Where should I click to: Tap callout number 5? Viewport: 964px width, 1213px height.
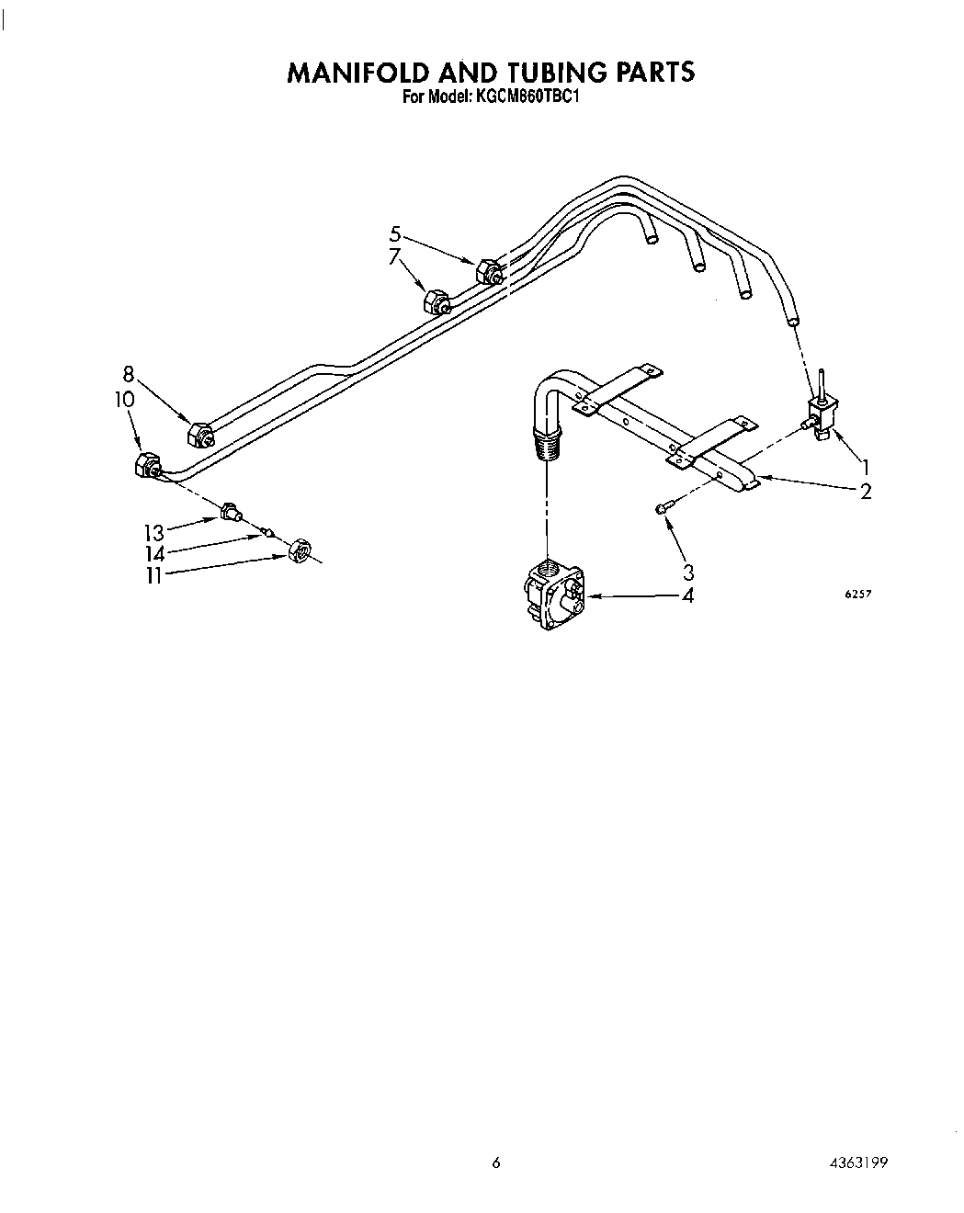[x=395, y=233]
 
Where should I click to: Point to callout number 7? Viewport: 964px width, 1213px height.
[x=395, y=257]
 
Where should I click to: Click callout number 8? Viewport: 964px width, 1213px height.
[x=129, y=374]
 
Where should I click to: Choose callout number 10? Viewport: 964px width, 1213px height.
[x=125, y=400]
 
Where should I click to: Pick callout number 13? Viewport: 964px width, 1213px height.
[x=153, y=533]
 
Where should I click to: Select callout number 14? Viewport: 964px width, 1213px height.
[x=153, y=554]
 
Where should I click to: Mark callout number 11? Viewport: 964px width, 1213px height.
[x=153, y=576]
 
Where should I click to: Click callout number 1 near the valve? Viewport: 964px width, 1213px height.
[x=865, y=466]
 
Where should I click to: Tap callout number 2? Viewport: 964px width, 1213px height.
[x=865, y=492]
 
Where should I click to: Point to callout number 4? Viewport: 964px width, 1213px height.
[x=687, y=595]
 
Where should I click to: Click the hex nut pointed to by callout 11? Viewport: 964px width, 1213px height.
[x=299, y=550]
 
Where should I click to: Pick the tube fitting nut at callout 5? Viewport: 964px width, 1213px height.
[x=490, y=271]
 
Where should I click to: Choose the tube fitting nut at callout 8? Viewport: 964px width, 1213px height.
[x=198, y=434]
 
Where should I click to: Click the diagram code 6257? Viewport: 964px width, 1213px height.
[x=857, y=595]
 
